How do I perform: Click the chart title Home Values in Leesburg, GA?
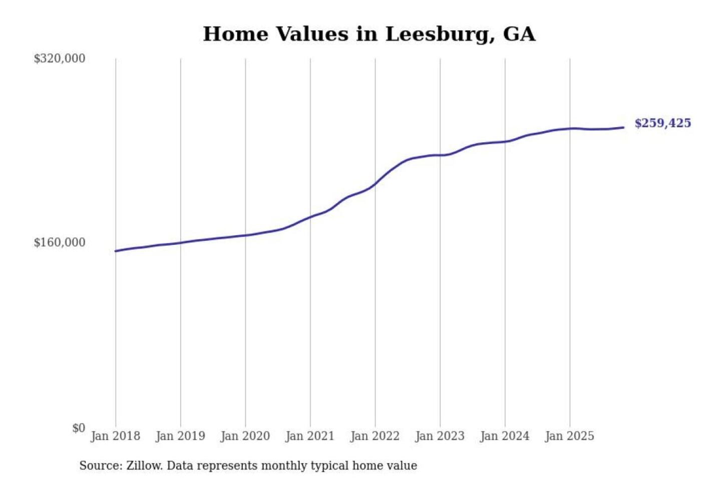point(369,34)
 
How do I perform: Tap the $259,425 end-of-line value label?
point(662,123)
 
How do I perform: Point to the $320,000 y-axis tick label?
point(59,58)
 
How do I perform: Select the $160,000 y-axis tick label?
point(59,242)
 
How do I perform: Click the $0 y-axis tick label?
point(78,428)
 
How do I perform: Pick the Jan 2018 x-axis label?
point(115,436)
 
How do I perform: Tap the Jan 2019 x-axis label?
point(180,436)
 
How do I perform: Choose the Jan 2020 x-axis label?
point(245,436)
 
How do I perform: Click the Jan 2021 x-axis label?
point(310,436)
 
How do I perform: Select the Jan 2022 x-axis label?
point(375,436)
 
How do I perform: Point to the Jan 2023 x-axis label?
point(440,436)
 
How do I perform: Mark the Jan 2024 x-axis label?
point(504,436)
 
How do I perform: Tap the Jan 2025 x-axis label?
point(569,436)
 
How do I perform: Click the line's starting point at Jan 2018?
point(116,251)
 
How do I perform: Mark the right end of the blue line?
point(623,127)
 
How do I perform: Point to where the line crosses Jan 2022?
point(375,183)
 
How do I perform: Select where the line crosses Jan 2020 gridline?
point(245,235)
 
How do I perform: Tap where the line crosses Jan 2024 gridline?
point(505,141)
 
